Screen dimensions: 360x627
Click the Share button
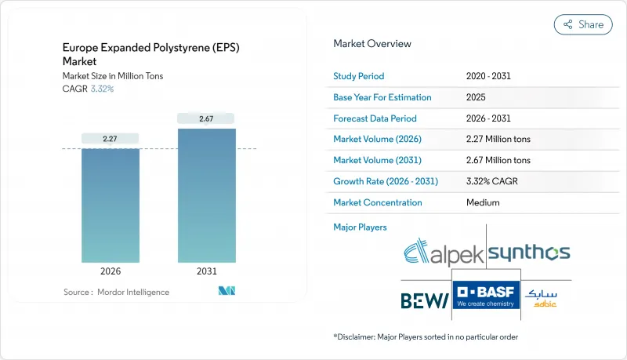(583, 24)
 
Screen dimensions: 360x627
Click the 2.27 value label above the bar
(111, 139)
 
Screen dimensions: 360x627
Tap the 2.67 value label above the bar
(206, 118)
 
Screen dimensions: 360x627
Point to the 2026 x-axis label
(111, 271)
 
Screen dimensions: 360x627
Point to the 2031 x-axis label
(206, 271)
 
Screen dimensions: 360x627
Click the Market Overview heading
(371, 44)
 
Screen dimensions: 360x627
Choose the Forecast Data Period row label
(375, 118)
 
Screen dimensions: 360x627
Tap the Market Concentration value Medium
(484, 202)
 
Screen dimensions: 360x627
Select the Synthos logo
(529, 253)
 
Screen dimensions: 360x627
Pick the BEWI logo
(424, 299)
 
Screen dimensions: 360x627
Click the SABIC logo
(542, 297)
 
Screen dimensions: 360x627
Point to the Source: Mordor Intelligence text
(116, 292)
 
